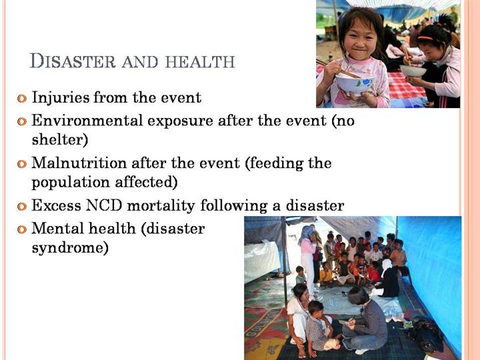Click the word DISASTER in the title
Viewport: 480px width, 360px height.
click(x=73, y=61)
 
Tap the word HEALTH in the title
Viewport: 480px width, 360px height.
click(x=200, y=61)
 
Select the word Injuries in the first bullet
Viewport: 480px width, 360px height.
click(x=61, y=98)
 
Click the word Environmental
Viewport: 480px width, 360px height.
click(x=87, y=120)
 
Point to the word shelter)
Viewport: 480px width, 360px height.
click(x=60, y=139)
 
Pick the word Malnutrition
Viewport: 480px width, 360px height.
click(x=79, y=163)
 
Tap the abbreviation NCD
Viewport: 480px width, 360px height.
click(x=105, y=205)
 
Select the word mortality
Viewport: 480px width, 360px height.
click(x=161, y=206)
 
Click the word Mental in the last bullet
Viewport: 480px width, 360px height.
click(x=57, y=229)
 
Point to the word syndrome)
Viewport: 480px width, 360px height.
click(x=70, y=248)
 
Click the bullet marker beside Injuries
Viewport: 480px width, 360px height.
click(x=22, y=99)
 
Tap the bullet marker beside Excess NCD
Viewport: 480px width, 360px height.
click(x=22, y=206)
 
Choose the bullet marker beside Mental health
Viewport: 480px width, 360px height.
click(x=22, y=229)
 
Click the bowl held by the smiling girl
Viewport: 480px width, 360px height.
click(x=355, y=84)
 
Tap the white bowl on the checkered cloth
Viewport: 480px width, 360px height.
click(x=413, y=71)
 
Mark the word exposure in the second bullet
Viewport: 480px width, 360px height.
click(x=180, y=121)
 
